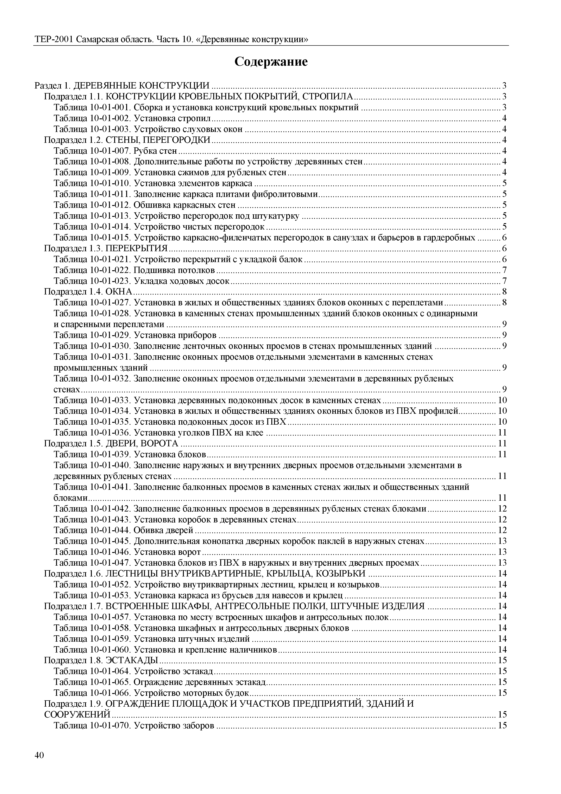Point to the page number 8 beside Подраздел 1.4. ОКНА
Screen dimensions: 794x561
504,292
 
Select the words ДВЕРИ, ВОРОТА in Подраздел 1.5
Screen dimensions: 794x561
142,443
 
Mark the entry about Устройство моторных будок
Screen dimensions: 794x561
151,693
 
